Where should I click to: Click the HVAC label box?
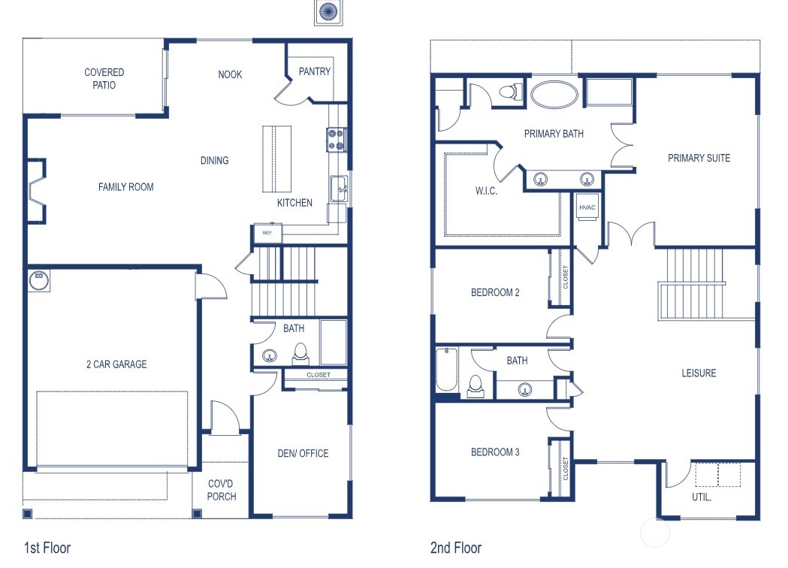[587, 207]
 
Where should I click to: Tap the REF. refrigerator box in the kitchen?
[267, 234]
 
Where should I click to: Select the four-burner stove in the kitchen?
[336, 139]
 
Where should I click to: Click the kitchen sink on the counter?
[339, 188]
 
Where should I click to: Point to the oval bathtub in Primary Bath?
[554, 95]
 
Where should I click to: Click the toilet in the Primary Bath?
[510, 92]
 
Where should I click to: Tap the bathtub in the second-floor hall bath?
[446, 370]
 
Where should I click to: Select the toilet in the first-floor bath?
[300, 352]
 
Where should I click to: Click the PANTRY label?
[314, 72]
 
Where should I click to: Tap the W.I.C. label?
[486, 191]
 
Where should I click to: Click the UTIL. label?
[702, 497]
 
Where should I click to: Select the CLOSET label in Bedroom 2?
[566, 277]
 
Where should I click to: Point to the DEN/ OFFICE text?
[303, 453]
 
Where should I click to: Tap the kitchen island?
[276, 159]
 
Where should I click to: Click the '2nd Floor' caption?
[455, 548]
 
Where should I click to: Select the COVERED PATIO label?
[104, 79]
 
